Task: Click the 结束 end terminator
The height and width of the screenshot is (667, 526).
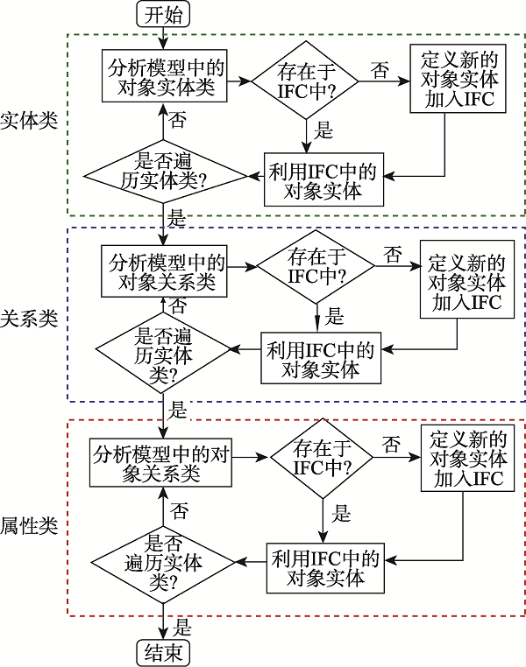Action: [x=164, y=652]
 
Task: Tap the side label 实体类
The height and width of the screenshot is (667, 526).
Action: [x=29, y=120]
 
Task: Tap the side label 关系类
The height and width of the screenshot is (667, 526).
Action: [x=29, y=318]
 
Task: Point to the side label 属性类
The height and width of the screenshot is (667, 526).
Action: [x=29, y=525]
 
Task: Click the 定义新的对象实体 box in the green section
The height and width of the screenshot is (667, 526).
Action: [x=458, y=79]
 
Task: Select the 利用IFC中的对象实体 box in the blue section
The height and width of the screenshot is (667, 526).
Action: [x=322, y=359]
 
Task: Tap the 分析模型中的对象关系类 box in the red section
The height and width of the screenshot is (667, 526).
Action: [x=160, y=464]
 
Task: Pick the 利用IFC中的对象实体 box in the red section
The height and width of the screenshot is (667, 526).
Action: [x=325, y=567]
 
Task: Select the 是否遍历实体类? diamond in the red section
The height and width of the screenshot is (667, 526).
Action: [x=163, y=560]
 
